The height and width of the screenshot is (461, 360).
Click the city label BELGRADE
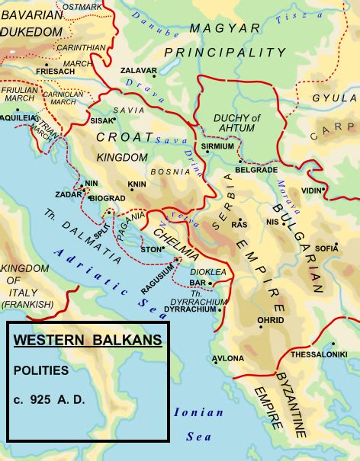point(256,170)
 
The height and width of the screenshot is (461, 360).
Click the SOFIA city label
point(326,248)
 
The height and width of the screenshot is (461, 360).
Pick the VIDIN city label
point(311,190)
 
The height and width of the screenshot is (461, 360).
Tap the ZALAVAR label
point(137,70)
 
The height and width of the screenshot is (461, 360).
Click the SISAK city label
point(101,120)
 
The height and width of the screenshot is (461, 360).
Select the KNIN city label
point(137,184)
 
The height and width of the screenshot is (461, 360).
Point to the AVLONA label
point(229,358)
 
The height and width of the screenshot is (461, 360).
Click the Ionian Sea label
point(198,424)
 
